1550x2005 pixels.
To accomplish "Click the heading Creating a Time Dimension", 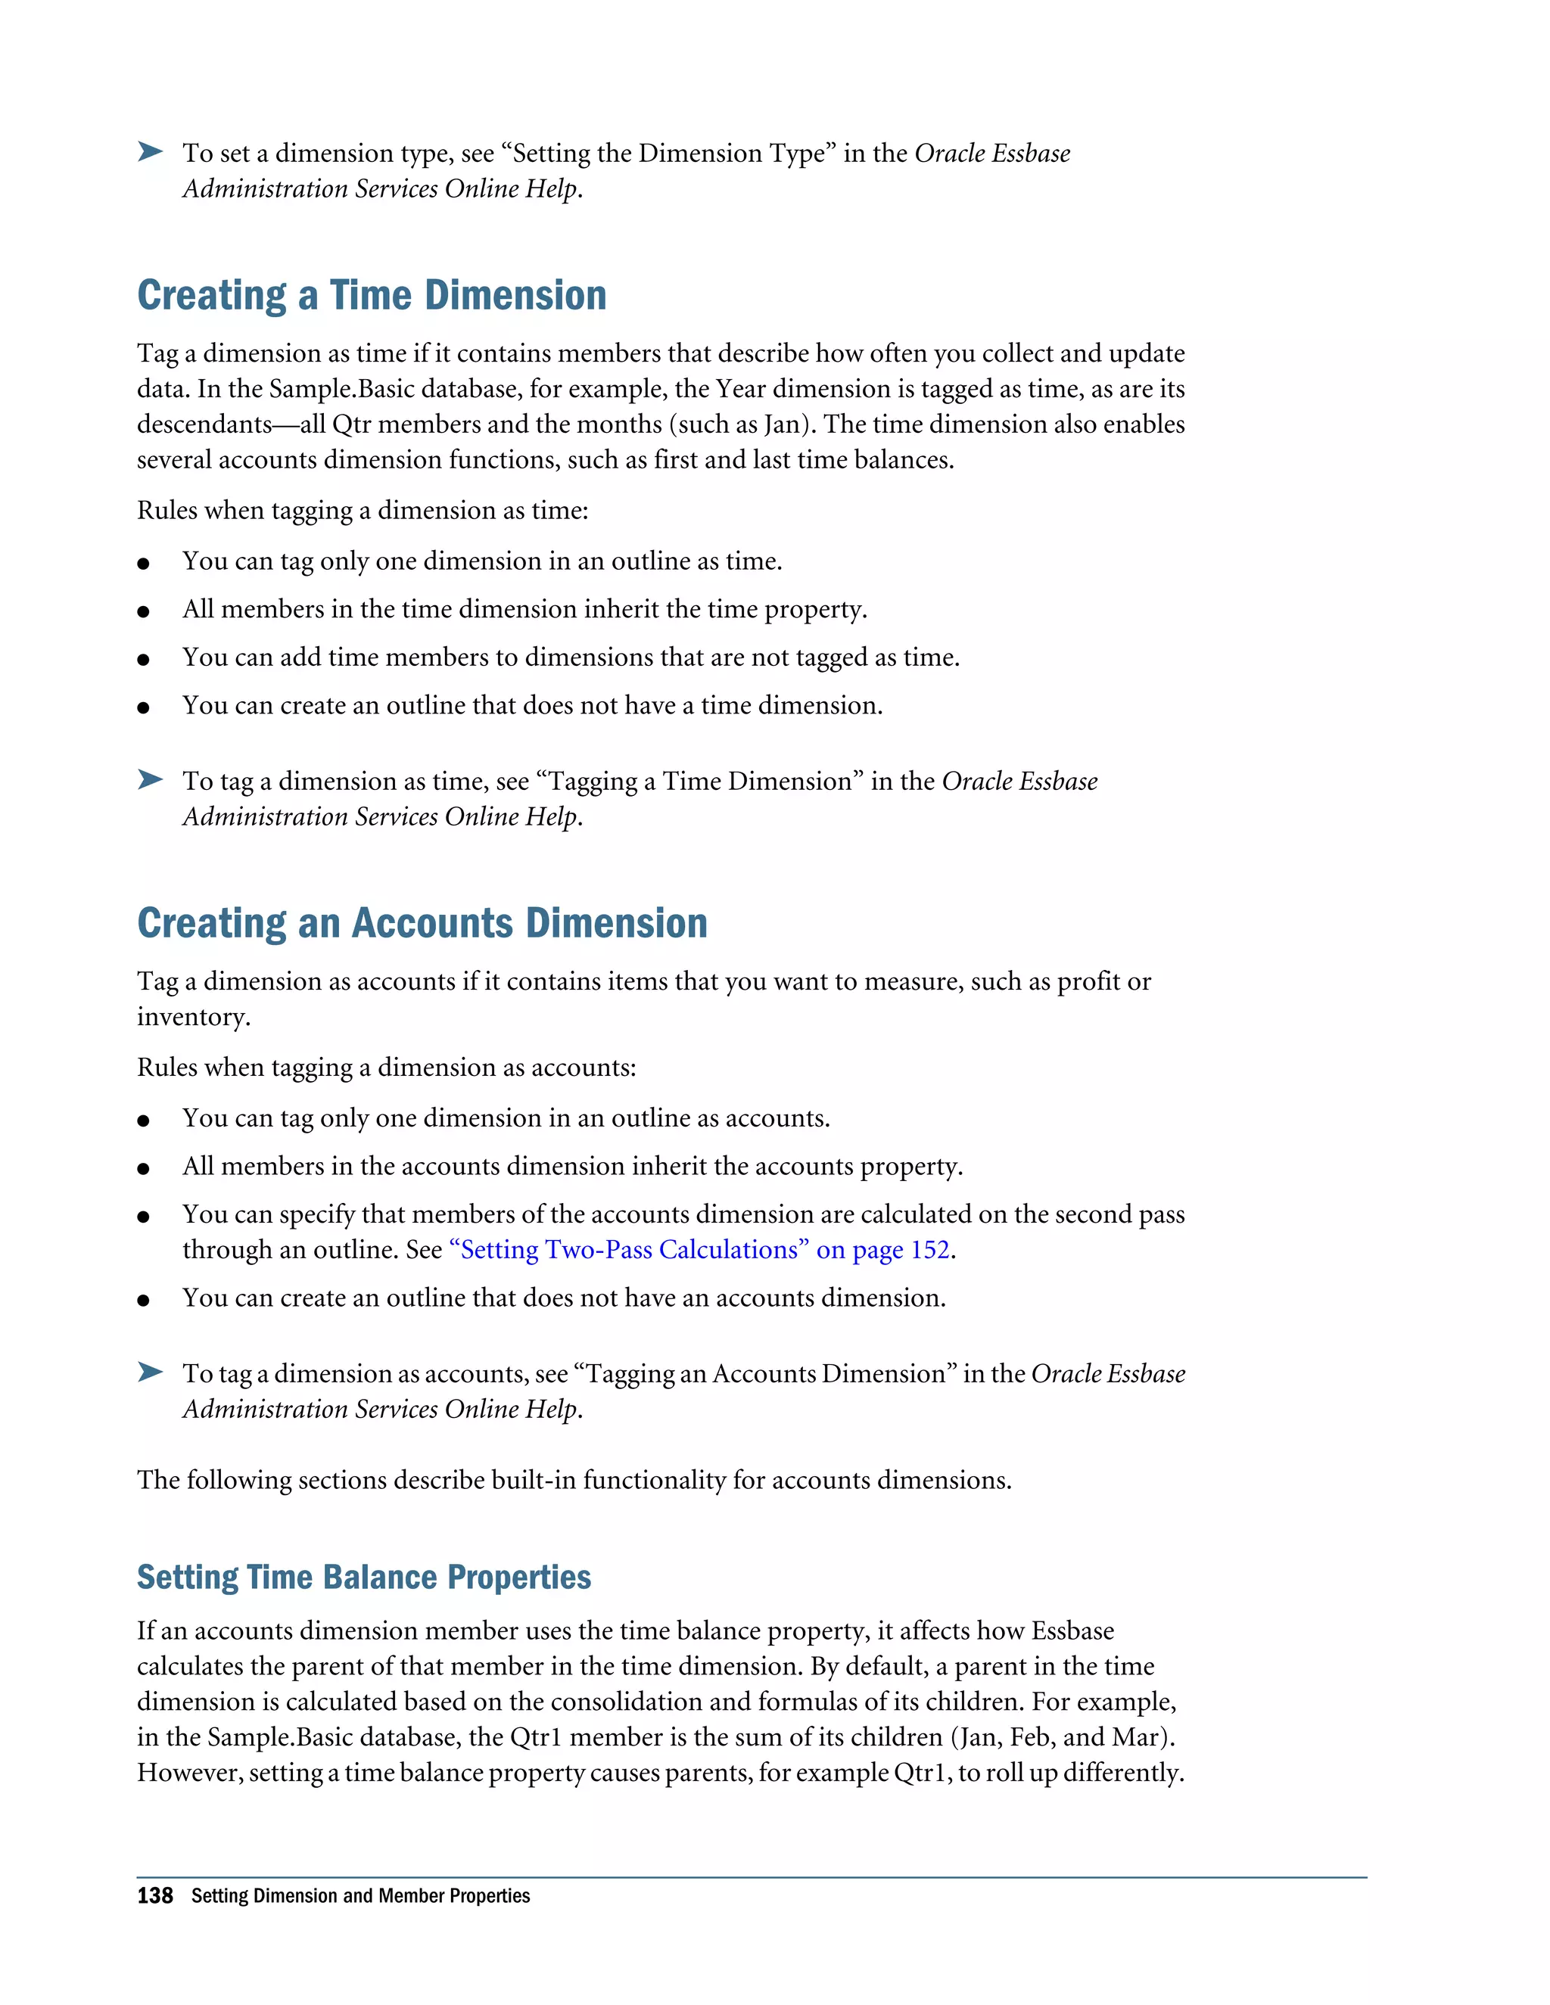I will (x=371, y=296).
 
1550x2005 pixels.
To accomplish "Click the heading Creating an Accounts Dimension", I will (x=422, y=924).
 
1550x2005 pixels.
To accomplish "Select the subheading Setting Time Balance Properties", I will (x=363, y=1578).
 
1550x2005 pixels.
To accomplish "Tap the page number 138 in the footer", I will (x=154, y=1896).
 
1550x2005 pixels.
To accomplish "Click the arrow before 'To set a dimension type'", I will (x=151, y=151).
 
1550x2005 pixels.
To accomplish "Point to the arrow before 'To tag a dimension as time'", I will (x=151, y=779).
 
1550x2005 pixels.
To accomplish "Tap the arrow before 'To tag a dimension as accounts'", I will (x=151, y=1372).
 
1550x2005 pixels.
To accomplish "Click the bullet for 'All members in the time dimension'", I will (x=143, y=611).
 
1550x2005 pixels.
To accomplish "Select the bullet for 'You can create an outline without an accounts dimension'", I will (x=143, y=1300).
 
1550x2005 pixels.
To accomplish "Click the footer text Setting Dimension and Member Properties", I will (x=360, y=1896).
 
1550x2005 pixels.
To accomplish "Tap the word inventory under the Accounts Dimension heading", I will (x=192, y=1017).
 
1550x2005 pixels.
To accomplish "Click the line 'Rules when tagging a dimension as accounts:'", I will (x=386, y=1068).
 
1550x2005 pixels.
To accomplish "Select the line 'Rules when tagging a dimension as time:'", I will (x=362, y=511).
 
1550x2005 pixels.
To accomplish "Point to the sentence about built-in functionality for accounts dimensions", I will (x=574, y=1480).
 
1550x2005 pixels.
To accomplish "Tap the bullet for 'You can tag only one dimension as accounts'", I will (x=143, y=1120).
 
